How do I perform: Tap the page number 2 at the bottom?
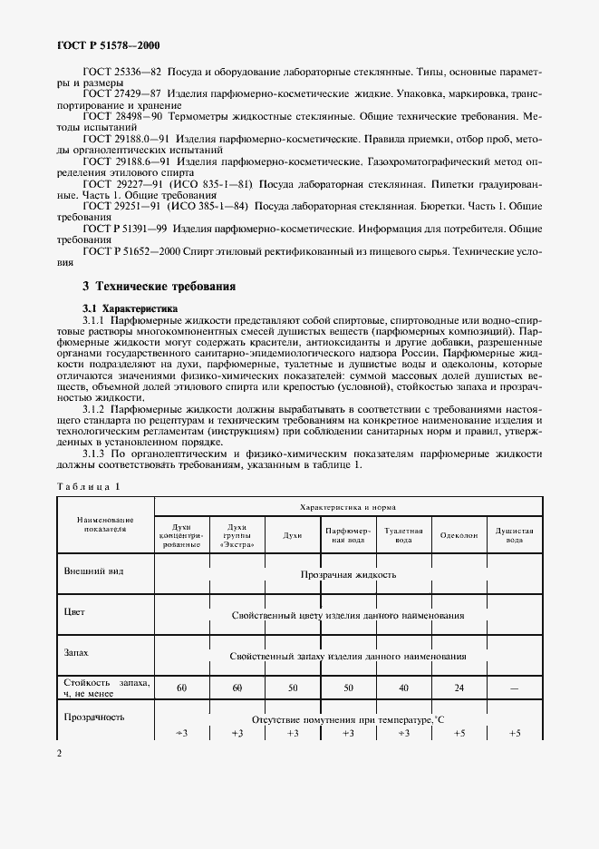pos(59,753)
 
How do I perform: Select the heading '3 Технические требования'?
pos(159,287)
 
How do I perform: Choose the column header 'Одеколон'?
pos(459,536)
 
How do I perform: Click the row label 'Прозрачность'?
pos(92,717)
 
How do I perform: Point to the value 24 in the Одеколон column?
pos(459,688)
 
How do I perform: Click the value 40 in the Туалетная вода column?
pos(403,688)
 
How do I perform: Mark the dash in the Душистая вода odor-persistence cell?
pos(515,688)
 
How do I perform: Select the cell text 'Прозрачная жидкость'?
pos(348,575)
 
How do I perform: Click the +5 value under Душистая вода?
pos(515,733)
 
